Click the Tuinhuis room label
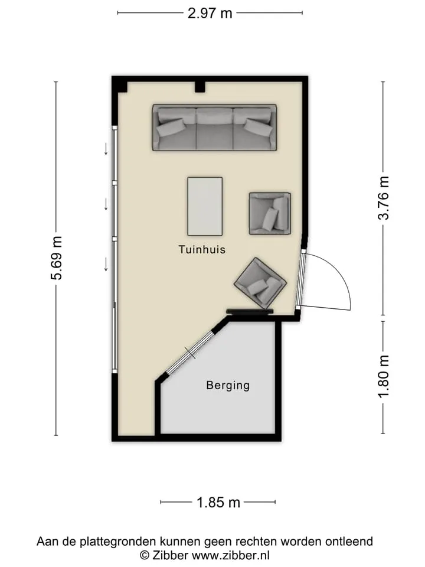202,249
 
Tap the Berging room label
228,386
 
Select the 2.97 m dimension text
210,14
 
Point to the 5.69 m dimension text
57,258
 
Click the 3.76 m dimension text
384,198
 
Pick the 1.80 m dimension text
384,376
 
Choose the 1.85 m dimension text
218,502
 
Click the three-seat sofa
214,128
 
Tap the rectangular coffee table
205,206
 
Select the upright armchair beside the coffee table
270,213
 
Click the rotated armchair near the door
260,281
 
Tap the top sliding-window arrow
106,149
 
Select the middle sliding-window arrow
106,204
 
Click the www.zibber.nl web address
231,555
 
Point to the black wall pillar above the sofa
200,87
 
